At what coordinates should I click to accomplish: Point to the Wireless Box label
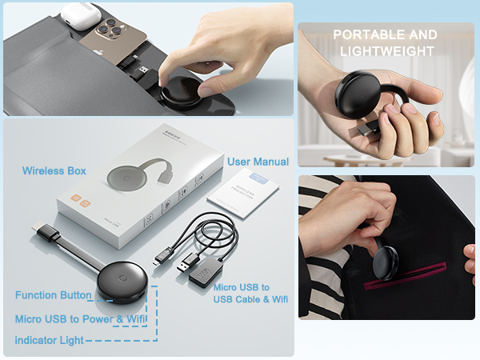[54, 170]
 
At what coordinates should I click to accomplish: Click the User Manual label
[258, 162]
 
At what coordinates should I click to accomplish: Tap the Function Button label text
[53, 295]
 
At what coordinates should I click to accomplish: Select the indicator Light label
[48, 341]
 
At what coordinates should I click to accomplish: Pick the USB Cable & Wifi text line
[250, 300]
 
